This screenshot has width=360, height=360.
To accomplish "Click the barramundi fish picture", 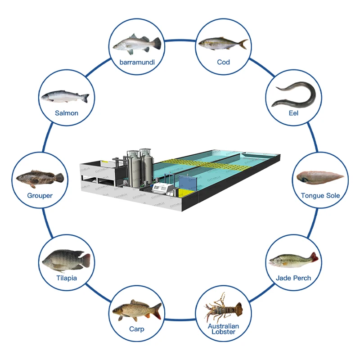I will coord(136,44).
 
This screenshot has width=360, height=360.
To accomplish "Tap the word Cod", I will coord(223,62).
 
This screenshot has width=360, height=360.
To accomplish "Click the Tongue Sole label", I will coord(320,196).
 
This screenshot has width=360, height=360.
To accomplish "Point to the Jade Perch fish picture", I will coord(293,261).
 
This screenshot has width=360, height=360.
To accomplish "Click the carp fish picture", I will coord(136,310).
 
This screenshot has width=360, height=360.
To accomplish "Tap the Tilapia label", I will coord(67,278).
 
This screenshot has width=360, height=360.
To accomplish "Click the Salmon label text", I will coord(67,113).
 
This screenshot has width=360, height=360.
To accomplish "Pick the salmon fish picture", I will coord(65,96).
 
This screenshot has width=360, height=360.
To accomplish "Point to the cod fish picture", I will coord(223,44).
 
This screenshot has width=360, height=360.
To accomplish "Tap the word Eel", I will coord(293,113).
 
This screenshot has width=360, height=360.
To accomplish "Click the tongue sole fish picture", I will coord(320,177).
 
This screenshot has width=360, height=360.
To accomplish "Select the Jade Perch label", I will coord(293,278).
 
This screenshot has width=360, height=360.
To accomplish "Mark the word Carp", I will coord(136,329).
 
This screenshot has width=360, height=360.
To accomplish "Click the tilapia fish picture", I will coord(66,260).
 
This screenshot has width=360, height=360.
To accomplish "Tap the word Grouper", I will coord(40,196).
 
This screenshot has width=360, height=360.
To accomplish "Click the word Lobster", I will coord(223,332).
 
